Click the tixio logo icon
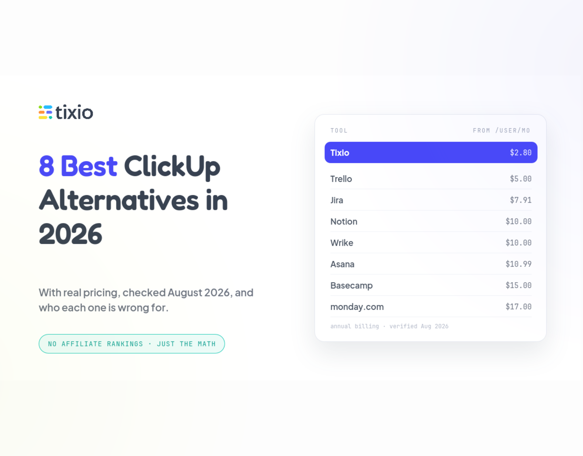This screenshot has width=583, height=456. click(46, 112)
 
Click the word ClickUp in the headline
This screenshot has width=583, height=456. click(172, 167)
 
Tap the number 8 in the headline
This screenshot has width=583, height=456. click(47, 166)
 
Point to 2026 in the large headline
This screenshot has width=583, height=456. click(70, 234)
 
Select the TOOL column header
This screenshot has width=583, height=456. click(339, 131)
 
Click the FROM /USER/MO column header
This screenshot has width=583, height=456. click(501, 131)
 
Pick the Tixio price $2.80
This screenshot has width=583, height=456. click(521, 153)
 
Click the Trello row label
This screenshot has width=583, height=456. click(341, 179)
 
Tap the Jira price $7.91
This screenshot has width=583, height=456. click(521, 200)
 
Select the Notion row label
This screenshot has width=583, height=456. click(344, 221)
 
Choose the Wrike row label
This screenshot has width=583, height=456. click(342, 243)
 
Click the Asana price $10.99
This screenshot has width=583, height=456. click(519, 264)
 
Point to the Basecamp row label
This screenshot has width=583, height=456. click(351, 286)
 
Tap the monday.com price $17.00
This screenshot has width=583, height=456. click(519, 306)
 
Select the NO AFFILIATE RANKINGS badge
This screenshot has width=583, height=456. click(132, 344)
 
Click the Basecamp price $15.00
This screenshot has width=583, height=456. click(519, 285)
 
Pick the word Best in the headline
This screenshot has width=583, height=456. click(89, 166)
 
